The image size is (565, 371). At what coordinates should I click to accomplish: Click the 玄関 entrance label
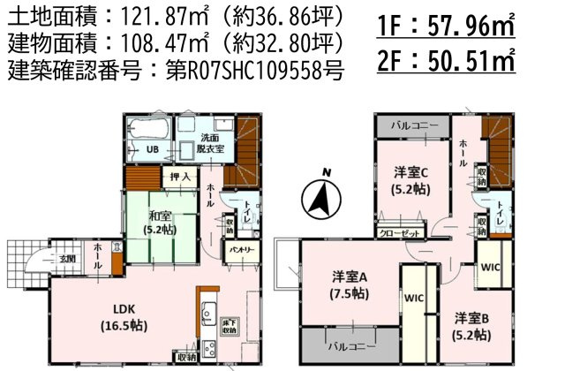pos(67,259)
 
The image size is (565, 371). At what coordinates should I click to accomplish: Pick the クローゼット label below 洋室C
pos(398,234)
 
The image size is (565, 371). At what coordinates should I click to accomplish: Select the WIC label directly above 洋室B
pos(491,265)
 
